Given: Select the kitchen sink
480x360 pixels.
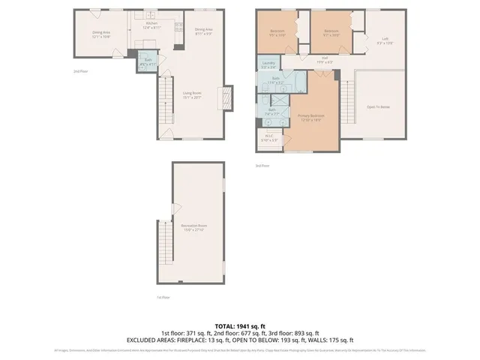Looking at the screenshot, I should pos(178,28).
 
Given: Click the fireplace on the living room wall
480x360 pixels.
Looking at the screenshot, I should pos(223,97).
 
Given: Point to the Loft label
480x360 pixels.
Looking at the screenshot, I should pos(384,40).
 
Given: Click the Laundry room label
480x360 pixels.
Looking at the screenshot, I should pos(268,64).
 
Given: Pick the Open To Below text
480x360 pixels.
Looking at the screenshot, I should pos(376,107).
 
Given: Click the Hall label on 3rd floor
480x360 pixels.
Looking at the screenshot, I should pos(325,60).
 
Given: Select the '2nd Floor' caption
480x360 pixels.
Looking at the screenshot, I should pos(81,71).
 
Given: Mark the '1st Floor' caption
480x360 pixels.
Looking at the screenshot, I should pos(162,297).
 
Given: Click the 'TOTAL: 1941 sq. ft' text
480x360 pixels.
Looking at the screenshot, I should pos(239,325).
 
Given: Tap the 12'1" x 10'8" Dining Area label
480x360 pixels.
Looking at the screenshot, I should pos(101,34).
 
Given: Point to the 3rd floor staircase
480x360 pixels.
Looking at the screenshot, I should pos(346,101).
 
